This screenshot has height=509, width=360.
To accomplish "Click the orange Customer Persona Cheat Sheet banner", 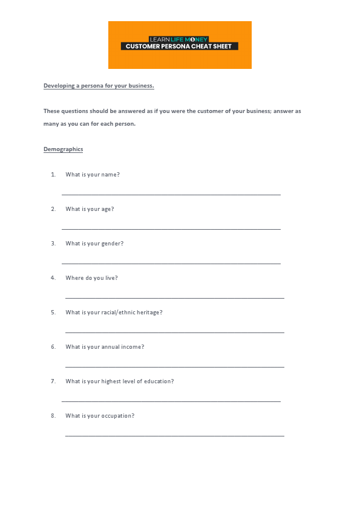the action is [x=180, y=45].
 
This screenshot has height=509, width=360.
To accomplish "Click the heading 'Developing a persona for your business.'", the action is [x=99, y=86].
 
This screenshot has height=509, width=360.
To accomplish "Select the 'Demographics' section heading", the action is [x=63, y=149].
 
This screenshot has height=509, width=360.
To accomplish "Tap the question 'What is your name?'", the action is [x=93, y=175].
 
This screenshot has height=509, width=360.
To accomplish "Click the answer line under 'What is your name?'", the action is [x=171, y=195].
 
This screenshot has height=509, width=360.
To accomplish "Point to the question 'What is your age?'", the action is [x=90, y=209].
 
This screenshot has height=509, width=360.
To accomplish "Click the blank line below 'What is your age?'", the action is [x=171, y=229].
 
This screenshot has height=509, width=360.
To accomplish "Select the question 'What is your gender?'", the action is [x=94, y=244].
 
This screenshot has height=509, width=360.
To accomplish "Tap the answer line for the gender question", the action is [x=171, y=264].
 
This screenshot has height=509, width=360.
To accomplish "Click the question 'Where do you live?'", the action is [x=91, y=278].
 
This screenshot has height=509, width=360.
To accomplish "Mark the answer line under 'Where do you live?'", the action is [x=175, y=298].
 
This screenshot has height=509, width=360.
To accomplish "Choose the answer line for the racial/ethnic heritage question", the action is [x=175, y=332].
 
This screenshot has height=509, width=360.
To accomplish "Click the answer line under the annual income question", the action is [x=175, y=367].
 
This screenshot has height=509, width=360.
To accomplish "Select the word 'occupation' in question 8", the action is [x=117, y=416].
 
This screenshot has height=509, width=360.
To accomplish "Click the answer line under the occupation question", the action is [x=175, y=436].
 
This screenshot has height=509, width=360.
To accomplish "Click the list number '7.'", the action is [x=53, y=381].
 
